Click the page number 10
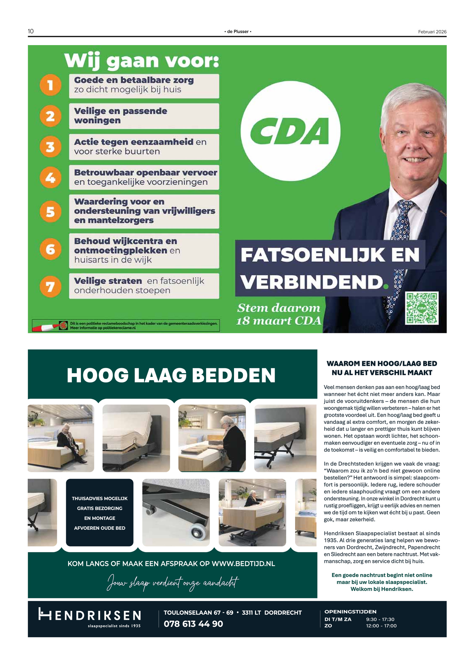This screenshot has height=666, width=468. tap(31, 31)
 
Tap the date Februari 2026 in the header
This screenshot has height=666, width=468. tap(432, 32)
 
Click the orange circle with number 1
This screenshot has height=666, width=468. tap(50, 85)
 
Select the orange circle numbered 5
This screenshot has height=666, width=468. tap(50, 211)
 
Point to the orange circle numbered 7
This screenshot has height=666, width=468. tap(50, 286)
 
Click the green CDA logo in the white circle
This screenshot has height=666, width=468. tap(290, 131)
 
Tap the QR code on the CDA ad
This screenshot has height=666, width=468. tap(421, 308)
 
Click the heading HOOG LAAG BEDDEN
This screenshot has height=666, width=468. tap(171, 375)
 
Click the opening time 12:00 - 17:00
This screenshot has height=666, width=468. tap(381, 626)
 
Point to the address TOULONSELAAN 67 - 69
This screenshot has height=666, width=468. tap(198, 613)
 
